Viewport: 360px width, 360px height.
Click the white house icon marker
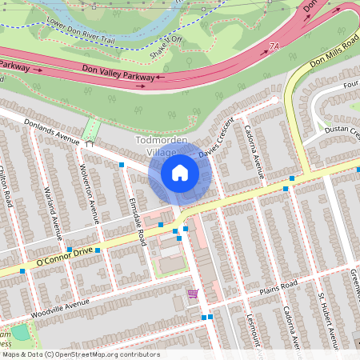click(179, 173)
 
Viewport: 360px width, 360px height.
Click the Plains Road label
click(277, 286)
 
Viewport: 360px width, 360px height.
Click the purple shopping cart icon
click(192, 294)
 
